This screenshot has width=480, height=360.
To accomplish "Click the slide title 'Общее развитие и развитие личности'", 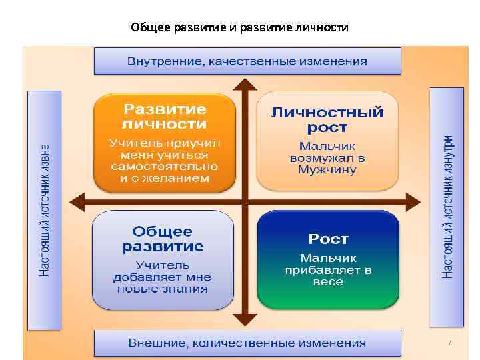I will point(239,28).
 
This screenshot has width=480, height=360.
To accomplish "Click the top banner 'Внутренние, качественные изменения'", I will point(247,61).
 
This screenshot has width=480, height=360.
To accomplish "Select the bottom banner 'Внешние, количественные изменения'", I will point(247,343).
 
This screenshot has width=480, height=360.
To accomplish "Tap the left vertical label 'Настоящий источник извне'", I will point(44,209).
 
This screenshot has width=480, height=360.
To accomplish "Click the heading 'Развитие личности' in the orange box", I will point(164,116).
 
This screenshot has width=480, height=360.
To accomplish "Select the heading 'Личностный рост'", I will point(327,119).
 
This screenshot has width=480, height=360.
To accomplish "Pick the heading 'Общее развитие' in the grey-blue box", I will point(163,239).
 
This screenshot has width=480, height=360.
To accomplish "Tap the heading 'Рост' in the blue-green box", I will point(328,239).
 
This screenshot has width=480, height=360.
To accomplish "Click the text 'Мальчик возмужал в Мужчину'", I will point(327,157).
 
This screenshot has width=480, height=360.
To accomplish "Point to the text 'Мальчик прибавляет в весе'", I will point(327,269).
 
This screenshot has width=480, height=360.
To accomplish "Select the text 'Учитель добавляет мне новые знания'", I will point(163,277).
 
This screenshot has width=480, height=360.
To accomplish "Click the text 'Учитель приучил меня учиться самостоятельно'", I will point(165,161).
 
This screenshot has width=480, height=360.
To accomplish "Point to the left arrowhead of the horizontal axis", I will point(75,200).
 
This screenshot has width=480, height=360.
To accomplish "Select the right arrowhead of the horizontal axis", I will point(415,200).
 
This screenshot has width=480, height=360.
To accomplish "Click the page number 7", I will point(449,343).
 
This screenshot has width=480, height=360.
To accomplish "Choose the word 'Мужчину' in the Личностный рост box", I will point(327,170).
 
